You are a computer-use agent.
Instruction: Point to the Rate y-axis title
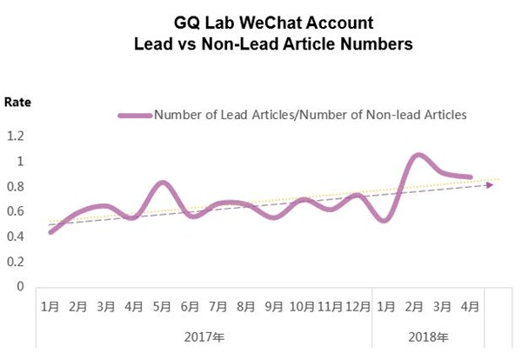17,102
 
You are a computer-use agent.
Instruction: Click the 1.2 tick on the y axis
15,136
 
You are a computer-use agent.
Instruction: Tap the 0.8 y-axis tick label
15,186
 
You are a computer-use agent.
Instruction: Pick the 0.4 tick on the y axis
15,236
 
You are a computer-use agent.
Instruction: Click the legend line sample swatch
134,114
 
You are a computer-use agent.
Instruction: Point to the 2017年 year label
204,337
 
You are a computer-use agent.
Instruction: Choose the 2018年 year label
428,337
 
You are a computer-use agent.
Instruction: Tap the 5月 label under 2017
162,307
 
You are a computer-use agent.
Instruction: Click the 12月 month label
358,307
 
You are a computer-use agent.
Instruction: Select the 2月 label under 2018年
414,307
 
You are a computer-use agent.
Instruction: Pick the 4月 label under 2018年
470,307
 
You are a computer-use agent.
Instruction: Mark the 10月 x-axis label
301,307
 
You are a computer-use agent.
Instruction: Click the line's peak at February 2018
418,155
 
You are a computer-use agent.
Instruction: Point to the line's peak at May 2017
162,182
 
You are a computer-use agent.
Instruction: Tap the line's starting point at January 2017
50,232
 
